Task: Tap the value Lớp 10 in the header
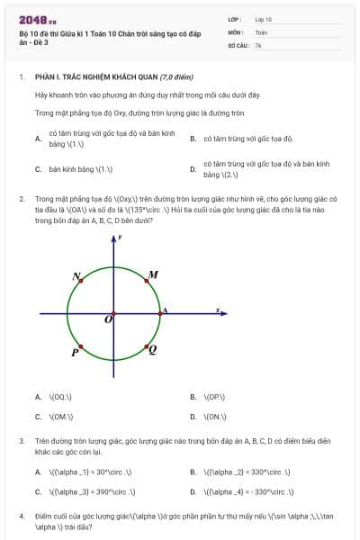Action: click(263, 18)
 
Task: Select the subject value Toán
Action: click(261, 31)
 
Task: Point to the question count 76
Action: click(258, 45)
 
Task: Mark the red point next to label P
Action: click(81, 346)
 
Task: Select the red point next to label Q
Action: click(144, 345)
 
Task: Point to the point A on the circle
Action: click(158, 313)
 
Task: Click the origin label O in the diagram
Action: click(108, 319)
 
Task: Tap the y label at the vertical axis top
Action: click(119, 238)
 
